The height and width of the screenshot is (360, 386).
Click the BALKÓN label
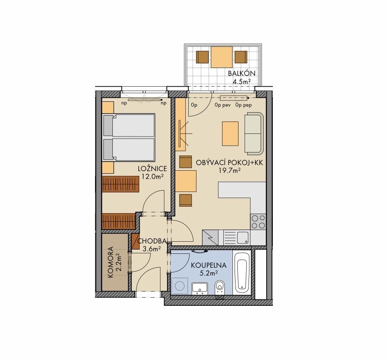(x=242, y=73)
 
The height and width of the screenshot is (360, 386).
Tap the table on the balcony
(x=222, y=57)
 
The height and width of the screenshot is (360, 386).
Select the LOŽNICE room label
(x=152, y=169)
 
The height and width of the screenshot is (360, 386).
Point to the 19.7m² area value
(x=229, y=170)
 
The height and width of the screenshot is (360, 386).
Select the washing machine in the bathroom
(x=180, y=286)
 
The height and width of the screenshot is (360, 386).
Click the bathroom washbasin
(x=200, y=289)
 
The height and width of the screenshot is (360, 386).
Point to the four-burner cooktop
(x=258, y=222)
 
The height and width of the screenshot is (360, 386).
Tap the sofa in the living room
(x=254, y=133)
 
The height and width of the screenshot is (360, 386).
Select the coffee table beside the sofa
(x=230, y=133)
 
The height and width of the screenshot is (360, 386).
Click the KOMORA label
(x=111, y=263)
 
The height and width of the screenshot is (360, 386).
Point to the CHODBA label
(x=152, y=241)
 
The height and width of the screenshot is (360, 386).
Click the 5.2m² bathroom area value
(x=209, y=272)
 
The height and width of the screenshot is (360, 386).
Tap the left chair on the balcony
(x=203, y=57)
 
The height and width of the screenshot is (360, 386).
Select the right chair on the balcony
(x=241, y=57)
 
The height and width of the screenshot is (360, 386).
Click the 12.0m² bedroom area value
(x=153, y=176)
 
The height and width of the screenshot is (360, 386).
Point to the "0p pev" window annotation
(x=222, y=105)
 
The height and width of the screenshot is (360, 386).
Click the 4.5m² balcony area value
(x=242, y=81)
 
